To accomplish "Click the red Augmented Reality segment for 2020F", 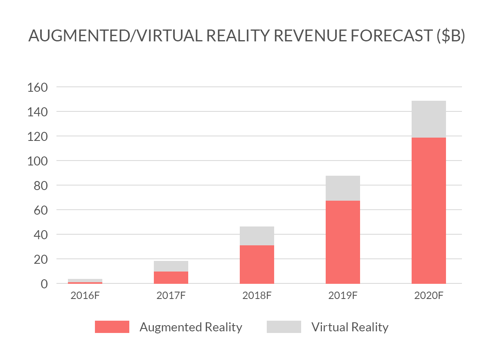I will click(x=428, y=211).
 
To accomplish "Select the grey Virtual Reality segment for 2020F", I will click(x=428, y=119).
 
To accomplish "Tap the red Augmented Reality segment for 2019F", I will click(x=342, y=242).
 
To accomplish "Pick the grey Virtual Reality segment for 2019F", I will click(x=342, y=188).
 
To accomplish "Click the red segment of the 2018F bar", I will click(x=257, y=264).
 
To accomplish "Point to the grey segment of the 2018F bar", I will click(x=257, y=236).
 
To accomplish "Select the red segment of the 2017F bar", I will click(x=171, y=277).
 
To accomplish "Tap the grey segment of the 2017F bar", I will click(x=171, y=266).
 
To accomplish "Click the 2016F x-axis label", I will click(x=85, y=296).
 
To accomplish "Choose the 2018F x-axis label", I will click(x=257, y=296).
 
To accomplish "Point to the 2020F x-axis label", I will click(x=428, y=296).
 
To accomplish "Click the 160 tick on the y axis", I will click(x=37, y=87).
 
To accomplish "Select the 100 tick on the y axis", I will click(x=37, y=161).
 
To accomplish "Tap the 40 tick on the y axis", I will click(x=40, y=235).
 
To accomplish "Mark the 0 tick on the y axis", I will click(x=44, y=283).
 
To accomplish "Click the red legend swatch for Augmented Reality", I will click(x=112, y=327).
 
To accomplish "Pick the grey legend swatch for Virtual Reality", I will click(x=284, y=327).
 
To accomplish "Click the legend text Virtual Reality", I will click(x=349, y=327).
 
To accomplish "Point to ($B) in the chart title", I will click(x=450, y=37).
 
